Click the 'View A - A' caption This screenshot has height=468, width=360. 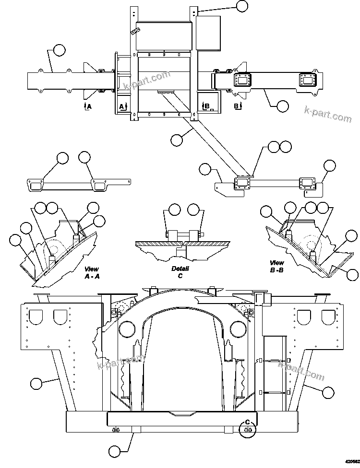click(x=92, y=273)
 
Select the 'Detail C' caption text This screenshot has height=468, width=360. click(x=180, y=272)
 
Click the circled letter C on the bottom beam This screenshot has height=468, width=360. click(x=248, y=422)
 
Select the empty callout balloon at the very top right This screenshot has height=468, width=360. click(x=243, y=6)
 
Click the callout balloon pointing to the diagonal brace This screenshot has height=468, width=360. click(x=177, y=140)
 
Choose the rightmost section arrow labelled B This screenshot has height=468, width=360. click(x=237, y=106)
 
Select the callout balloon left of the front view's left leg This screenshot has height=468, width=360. click(x=36, y=383)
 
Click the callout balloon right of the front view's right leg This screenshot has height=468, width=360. click(x=328, y=392)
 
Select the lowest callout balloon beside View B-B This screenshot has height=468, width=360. click(x=353, y=275)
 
